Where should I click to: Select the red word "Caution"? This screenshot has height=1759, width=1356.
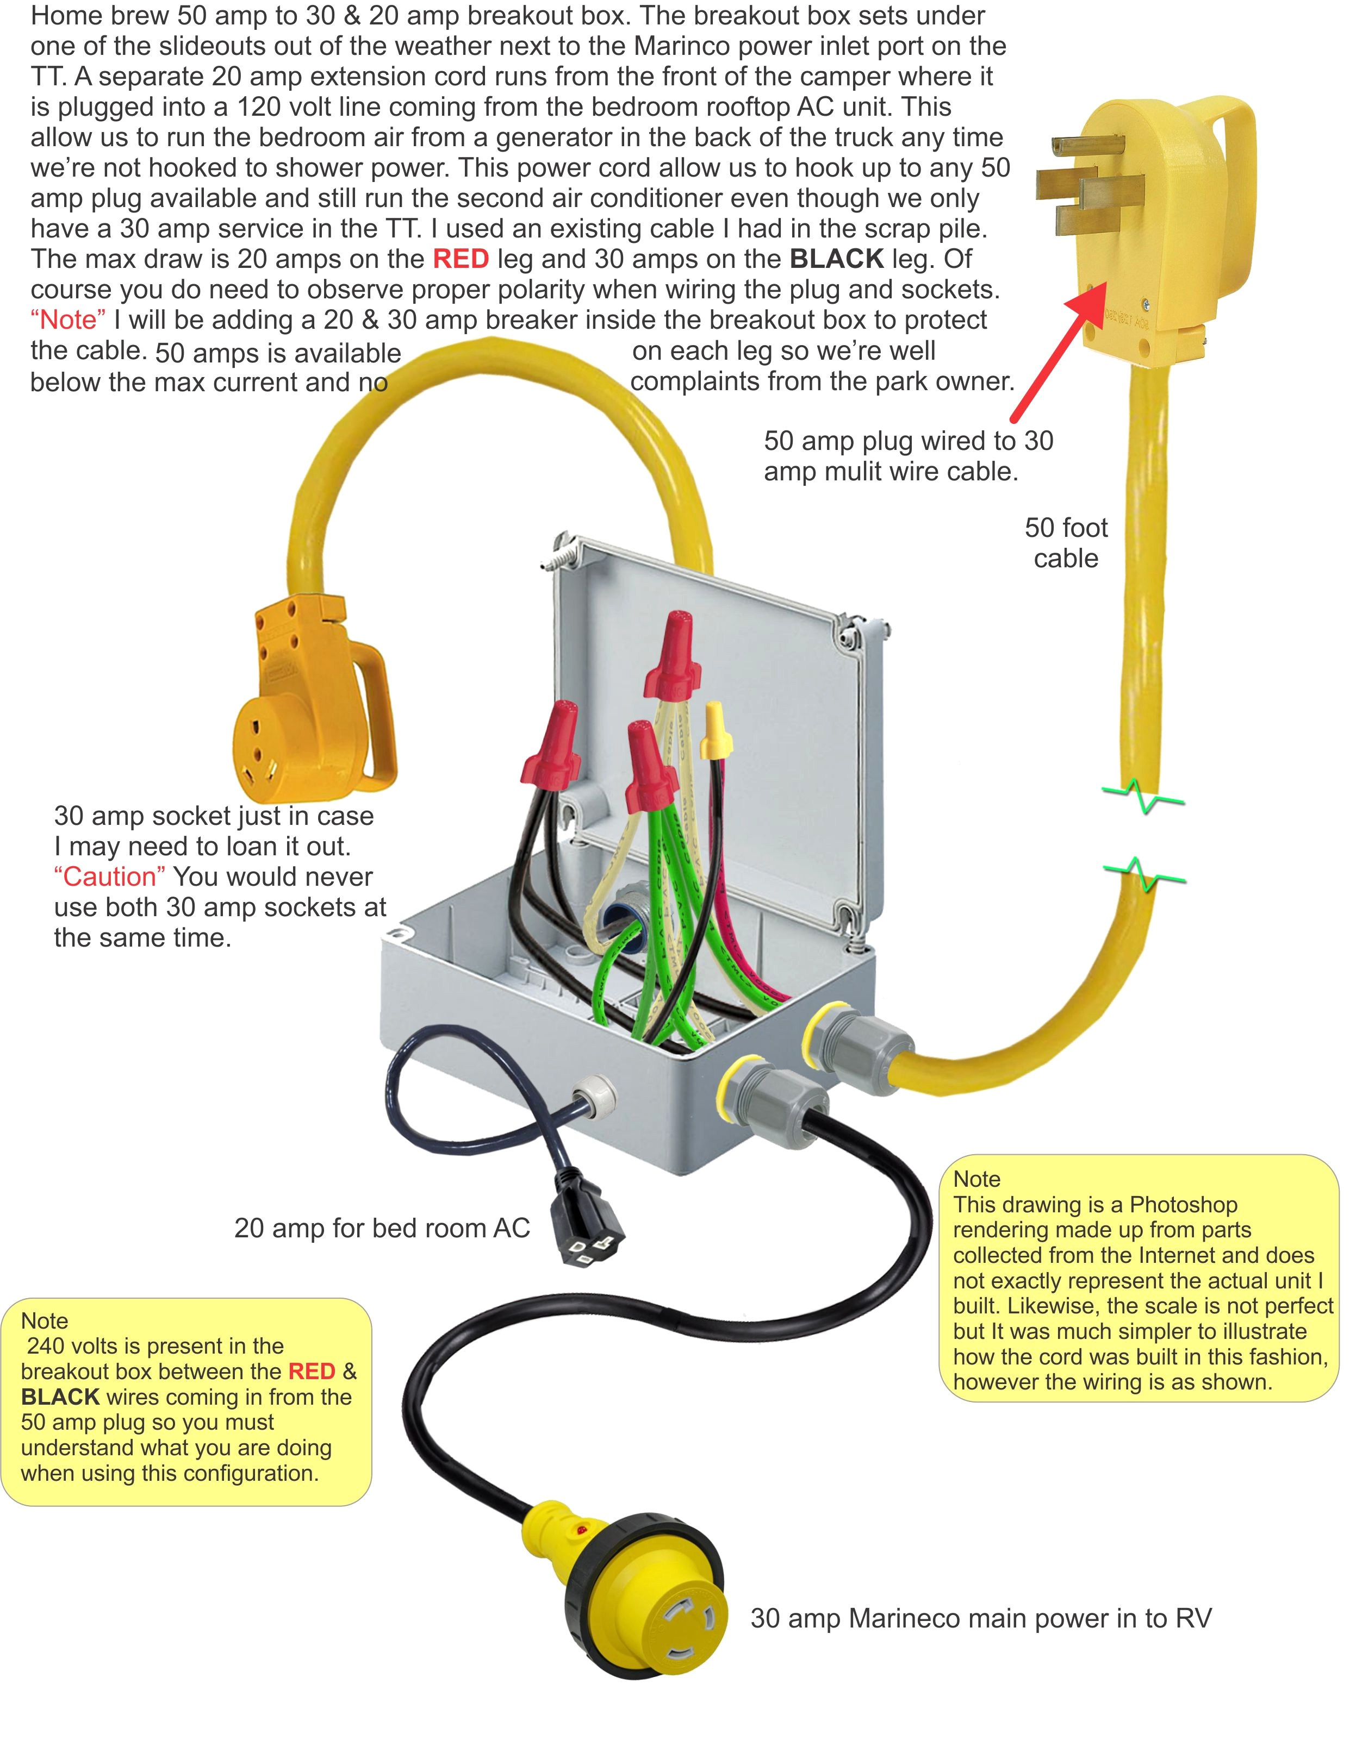click(110, 877)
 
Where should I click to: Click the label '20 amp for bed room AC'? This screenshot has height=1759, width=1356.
click(382, 1228)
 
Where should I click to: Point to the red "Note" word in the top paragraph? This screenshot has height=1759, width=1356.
click(67, 320)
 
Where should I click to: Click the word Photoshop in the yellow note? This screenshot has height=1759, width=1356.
click(1183, 1204)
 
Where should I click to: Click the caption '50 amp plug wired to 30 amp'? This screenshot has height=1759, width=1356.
click(908, 441)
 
